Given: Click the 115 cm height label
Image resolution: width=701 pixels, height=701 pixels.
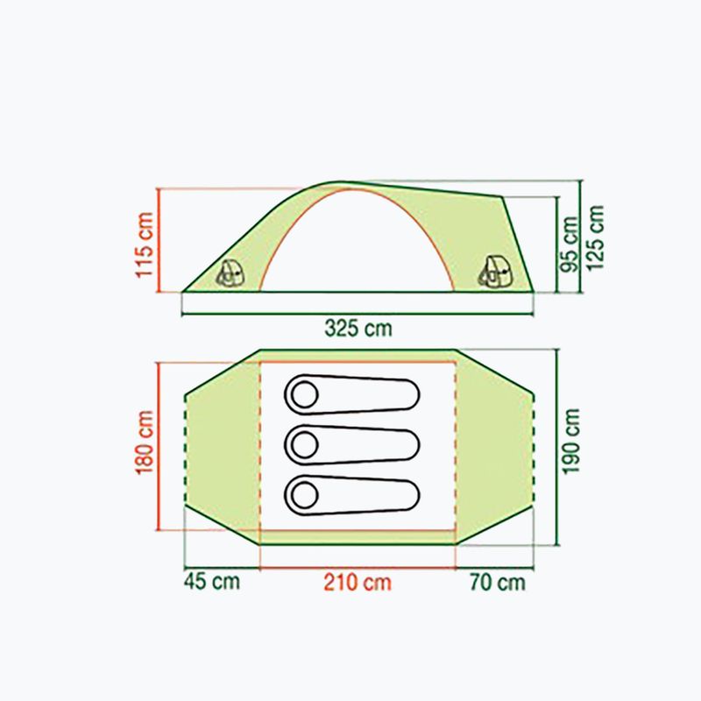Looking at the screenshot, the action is pyautogui.click(x=145, y=244).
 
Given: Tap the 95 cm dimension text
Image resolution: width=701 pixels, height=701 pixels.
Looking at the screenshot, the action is pyautogui.click(x=569, y=244).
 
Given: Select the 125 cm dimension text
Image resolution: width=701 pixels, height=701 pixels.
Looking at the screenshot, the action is pyautogui.click(x=595, y=237).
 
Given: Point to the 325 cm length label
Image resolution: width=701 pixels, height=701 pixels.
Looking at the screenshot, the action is pyautogui.click(x=358, y=328).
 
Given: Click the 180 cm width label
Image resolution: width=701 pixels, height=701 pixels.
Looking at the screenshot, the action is pyautogui.click(x=145, y=443).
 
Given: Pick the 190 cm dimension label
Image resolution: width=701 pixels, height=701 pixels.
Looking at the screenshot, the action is pyautogui.click(x=570, y=442).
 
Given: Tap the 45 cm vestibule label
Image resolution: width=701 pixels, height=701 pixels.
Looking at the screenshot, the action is pyautogui.click(x=212, y=581).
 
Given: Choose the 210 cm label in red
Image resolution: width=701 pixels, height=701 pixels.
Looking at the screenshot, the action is pyautogui.click(x=358, y=583).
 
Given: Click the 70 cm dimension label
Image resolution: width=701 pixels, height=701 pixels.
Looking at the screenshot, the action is pyautogui.click(x=497, y=582).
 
